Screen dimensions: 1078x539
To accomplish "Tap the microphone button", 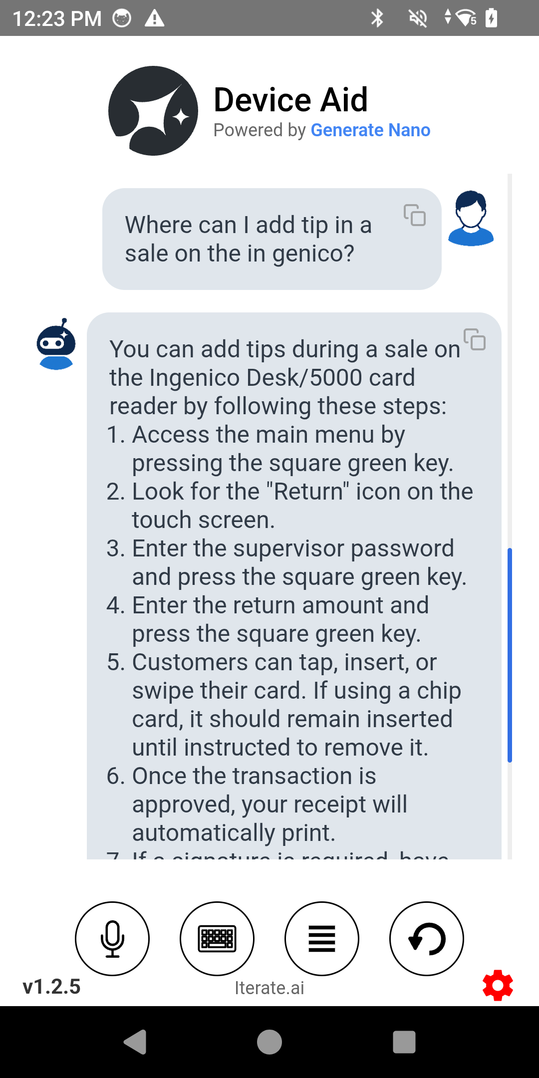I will pos(112,938).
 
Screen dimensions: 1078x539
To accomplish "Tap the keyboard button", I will pos(217,938).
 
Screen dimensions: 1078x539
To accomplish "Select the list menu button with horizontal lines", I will pos(322,938).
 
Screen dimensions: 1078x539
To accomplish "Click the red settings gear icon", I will pos(498,985).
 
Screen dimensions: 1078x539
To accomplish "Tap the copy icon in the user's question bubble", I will pos(415,215).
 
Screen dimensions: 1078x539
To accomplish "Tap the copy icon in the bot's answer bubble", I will pos(475,339).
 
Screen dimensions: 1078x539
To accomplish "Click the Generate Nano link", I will pos(370,130).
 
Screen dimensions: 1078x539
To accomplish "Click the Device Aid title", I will pos(290,100).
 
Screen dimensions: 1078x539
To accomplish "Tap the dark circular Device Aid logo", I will pos(153,111).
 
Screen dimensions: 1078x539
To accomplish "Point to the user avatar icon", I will pos(471,218).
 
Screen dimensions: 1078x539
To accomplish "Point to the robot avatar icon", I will pos(56,344).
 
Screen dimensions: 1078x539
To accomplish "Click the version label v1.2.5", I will pos(52,987).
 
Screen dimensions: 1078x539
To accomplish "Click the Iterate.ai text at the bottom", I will pos(269,988).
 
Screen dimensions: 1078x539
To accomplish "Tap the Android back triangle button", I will pos(135,1042).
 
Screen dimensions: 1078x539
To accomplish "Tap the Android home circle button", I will pos(269,1042).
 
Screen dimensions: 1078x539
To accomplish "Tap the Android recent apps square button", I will pos(404,1042).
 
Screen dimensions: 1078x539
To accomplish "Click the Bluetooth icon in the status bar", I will pos(377,18).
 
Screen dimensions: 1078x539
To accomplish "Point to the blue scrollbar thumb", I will pos(510,655).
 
